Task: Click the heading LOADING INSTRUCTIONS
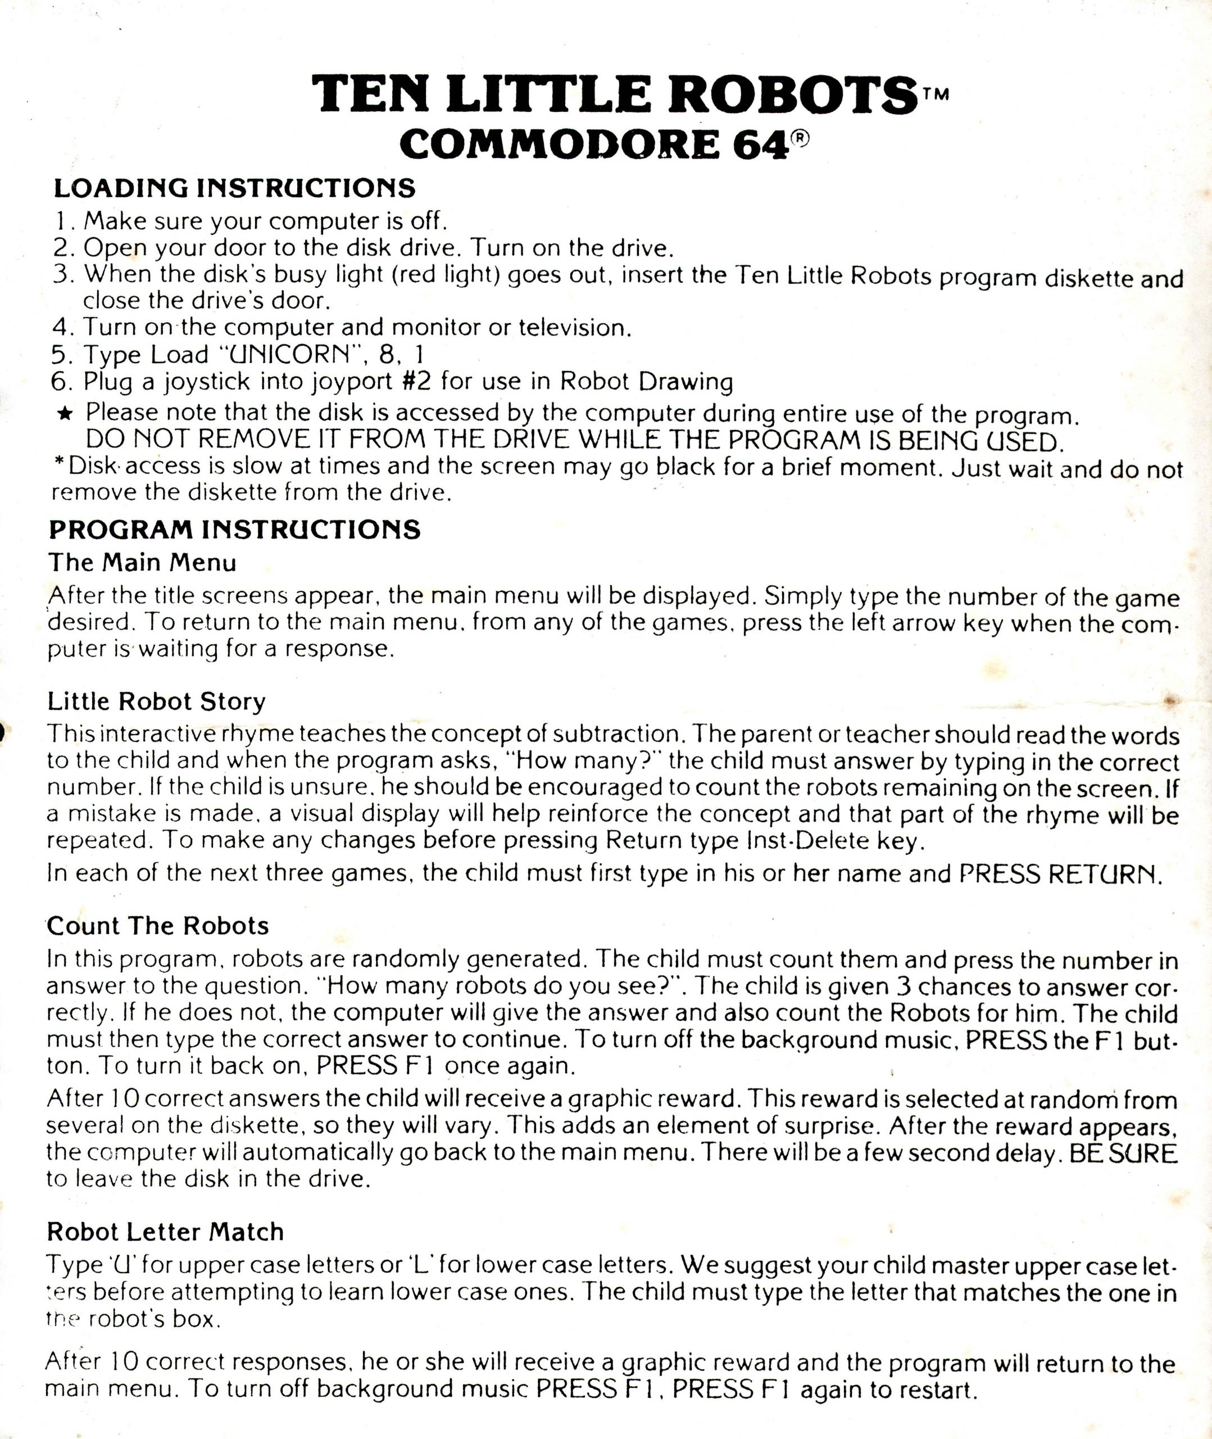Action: click(x=234, y=188)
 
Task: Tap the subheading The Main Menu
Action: click(x=142, y=563)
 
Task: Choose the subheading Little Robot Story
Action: click(x=156, y=702)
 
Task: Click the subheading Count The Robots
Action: click(x=158, y=926)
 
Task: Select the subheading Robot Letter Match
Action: click(x=165, y=1232)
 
